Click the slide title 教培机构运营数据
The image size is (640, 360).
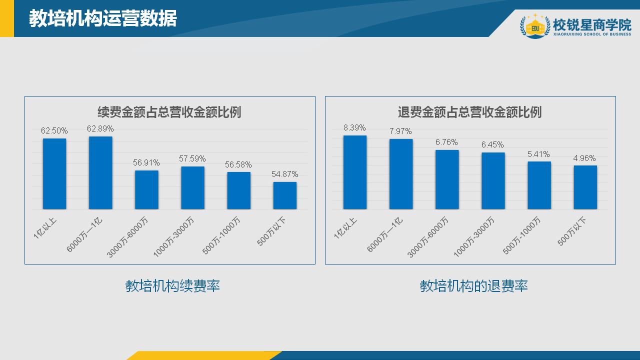coord(103,18)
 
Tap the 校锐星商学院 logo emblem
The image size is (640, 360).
coord(535,25)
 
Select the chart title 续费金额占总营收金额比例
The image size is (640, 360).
coord(169,112)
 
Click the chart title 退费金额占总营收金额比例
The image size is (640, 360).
coord(469,112)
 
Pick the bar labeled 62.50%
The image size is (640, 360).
coord(54,173)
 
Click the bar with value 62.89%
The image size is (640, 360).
coord(100,172)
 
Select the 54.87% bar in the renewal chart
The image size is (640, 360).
coord(284,195)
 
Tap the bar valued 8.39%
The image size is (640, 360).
coord(355,172)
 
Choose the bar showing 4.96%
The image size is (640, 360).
coord(585,187)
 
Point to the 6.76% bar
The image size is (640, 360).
coord(447,179)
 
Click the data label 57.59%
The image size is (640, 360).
coord(192,159)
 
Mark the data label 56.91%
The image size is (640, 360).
coord(146,163)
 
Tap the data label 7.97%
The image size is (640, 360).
coord(400,131)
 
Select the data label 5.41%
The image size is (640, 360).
coord(538,154)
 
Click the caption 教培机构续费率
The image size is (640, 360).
coord(172,286)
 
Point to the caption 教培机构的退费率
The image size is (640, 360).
coord(473,286)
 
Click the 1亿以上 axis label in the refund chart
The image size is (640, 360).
coord(345,228)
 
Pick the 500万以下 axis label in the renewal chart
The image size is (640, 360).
coord(271,231)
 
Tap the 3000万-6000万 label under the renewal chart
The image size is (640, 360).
coord(127,237)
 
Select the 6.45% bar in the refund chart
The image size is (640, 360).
coord(493,180)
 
